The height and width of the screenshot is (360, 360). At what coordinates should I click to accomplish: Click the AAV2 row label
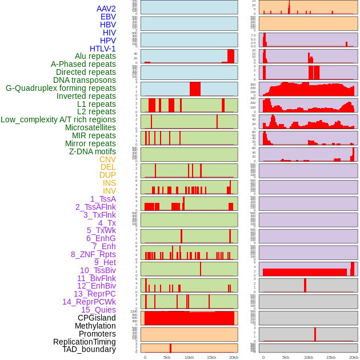[106, 9]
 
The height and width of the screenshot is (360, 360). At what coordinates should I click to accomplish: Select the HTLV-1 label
[103, 49]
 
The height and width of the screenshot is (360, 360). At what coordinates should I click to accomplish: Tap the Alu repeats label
[95, 56]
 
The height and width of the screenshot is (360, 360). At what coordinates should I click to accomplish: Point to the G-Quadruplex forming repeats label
[61, 88]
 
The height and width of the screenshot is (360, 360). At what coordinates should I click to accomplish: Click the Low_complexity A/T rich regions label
[58, 119]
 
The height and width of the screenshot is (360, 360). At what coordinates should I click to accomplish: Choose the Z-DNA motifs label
[93, 151]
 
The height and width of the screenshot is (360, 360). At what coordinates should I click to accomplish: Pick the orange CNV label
[107, 159]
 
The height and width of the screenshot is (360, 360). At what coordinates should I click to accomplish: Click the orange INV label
[109, 191]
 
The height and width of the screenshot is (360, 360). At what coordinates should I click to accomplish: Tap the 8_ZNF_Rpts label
[93, 254]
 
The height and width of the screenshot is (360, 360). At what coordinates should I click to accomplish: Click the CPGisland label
[97, 318]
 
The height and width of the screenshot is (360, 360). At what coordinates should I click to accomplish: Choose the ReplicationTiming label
[85, 342]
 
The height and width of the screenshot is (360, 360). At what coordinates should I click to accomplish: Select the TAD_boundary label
[89, 349]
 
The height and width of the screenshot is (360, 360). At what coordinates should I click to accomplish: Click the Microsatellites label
[90, 127]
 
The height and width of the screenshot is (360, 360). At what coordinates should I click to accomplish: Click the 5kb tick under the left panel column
[167, 357]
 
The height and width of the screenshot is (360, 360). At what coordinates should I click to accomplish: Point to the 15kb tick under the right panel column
[330, 357]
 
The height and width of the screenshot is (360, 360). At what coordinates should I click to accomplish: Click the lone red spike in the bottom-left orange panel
[170, 348]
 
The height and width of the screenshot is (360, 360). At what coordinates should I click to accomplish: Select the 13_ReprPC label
[95, 294]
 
